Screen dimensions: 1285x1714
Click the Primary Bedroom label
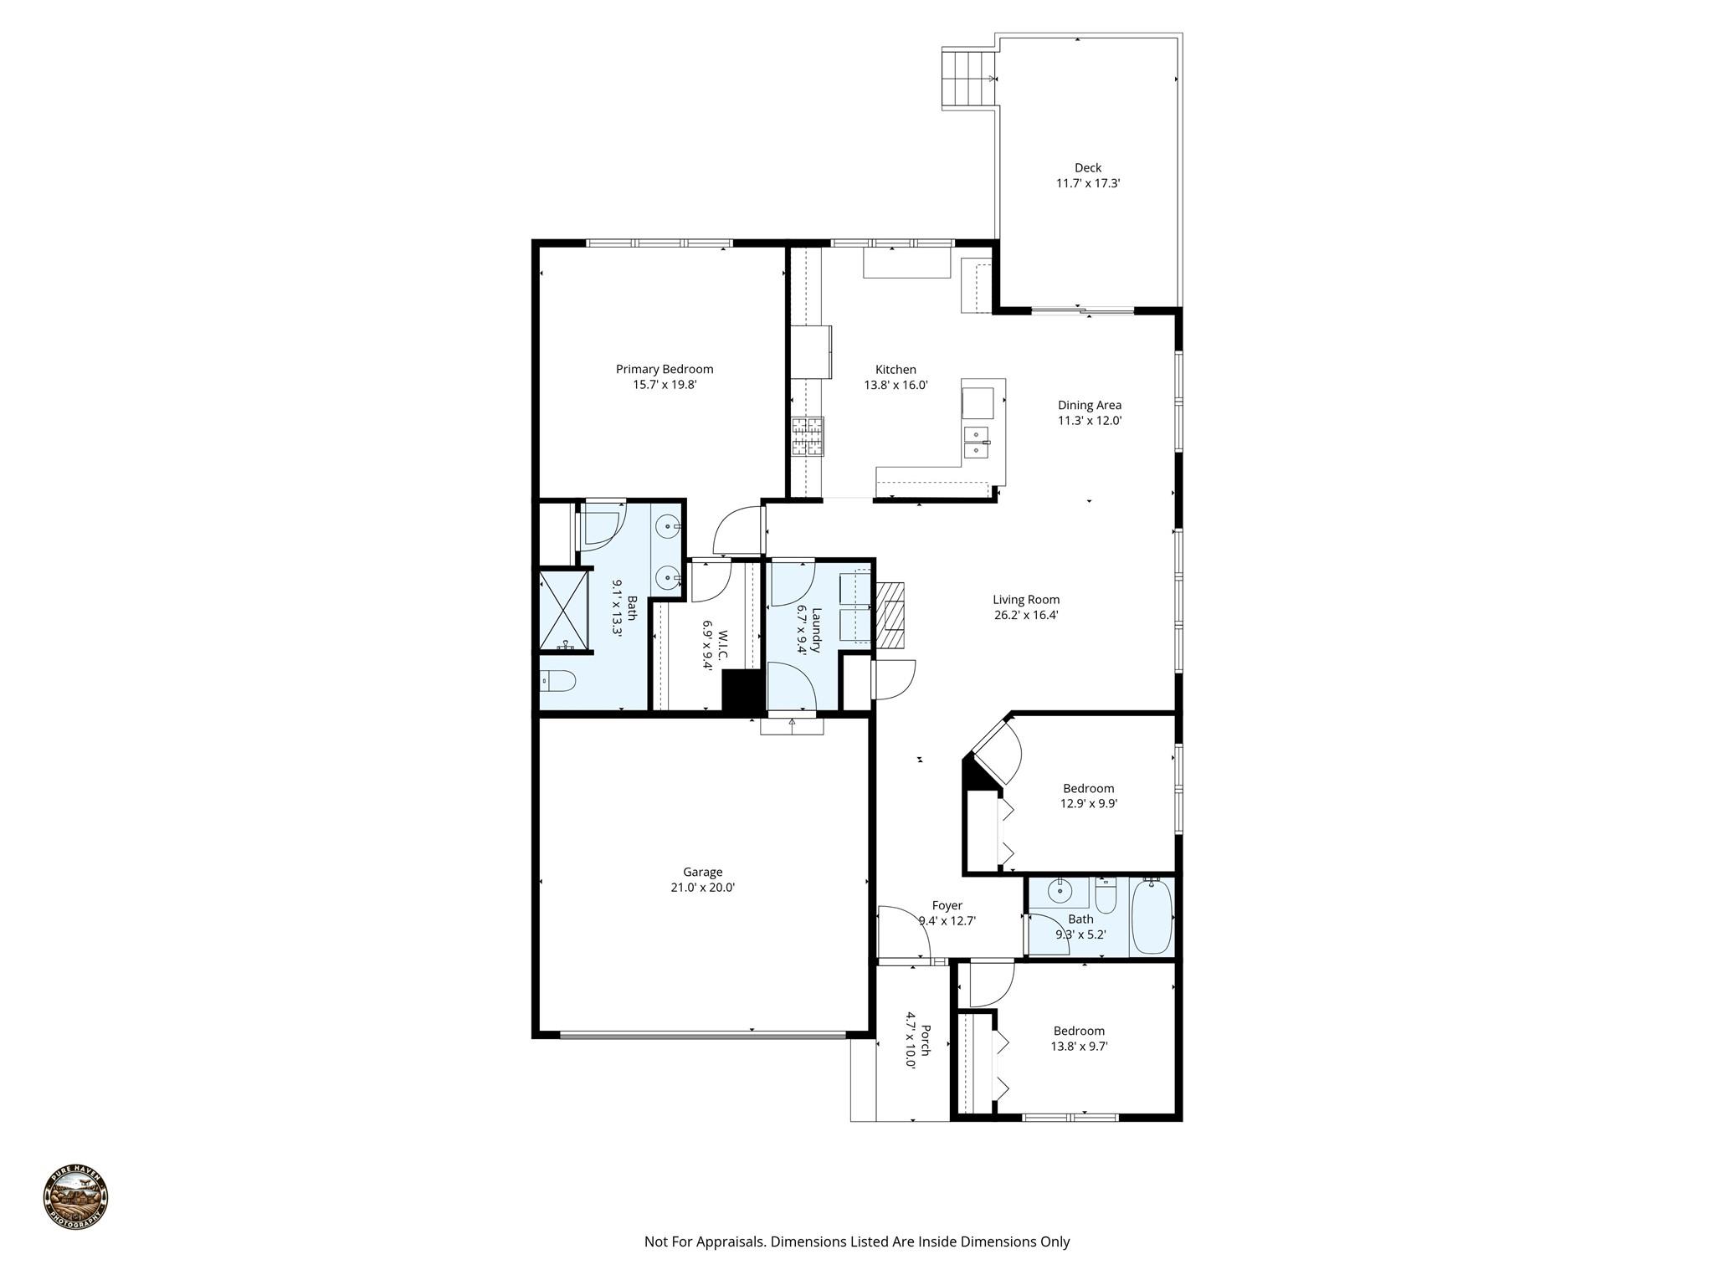[x=665, y=369]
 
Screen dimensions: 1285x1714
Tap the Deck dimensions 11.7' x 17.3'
[x=1087, y=183]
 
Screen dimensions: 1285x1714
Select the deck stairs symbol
[x=969, y=79]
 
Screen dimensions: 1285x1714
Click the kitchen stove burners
[x=808, y=436]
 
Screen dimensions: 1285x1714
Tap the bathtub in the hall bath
[x=1152, y=916]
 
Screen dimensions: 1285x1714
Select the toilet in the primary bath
[x=557, y=682]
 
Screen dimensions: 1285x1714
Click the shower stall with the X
[x=565, y=610]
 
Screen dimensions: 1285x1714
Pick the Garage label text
[x=702, y=872]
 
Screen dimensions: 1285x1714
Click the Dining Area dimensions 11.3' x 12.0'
[x=1089, y=421]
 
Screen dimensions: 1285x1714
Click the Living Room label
[x=1026, y=599]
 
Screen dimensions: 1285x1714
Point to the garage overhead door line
[x=702, y=1036]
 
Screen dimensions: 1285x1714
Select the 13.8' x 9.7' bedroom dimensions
[x=1079, y=1046]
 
